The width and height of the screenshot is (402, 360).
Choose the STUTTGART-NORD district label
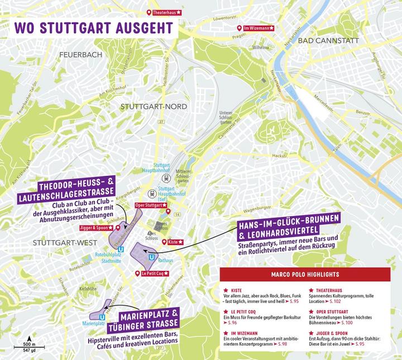(154, 106)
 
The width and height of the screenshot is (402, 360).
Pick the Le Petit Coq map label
(152, 273)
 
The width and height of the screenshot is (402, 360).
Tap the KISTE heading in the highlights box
(235, 290)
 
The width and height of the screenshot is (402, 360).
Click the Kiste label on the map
(173, 242)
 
